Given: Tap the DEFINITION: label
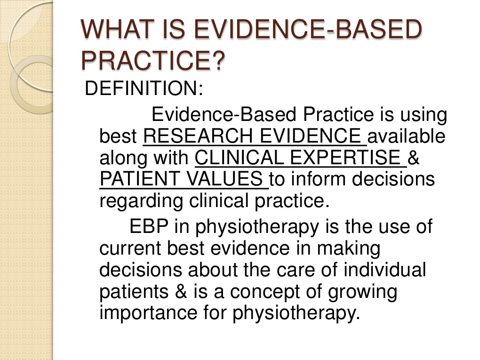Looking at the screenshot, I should click(x=144, y=88).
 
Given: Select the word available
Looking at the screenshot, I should click(x=406, y=136).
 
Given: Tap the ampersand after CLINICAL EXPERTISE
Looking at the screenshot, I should click(x=414, y=158).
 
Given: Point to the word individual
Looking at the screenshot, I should click(x=384, y=270).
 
